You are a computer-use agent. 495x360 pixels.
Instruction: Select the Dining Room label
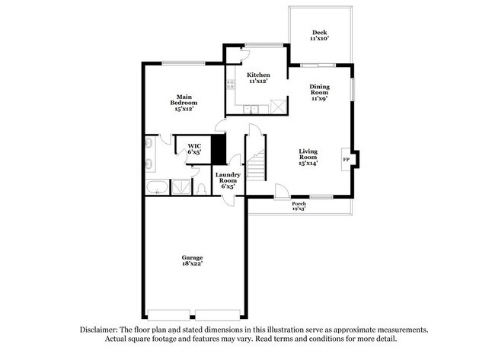point(319,91)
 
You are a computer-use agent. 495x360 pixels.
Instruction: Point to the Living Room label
point(308,156)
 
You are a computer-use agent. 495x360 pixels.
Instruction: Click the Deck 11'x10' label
point(320,37)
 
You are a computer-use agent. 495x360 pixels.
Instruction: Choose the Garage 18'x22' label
point(191,260)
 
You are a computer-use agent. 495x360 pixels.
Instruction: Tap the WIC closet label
point(194,148)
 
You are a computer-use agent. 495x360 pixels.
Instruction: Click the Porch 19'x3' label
point(300,206)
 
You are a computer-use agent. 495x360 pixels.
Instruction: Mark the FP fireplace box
point(346,159)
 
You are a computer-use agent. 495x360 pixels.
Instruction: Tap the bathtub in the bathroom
point(157,187)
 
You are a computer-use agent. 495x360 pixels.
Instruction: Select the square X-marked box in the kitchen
point(279,107)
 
